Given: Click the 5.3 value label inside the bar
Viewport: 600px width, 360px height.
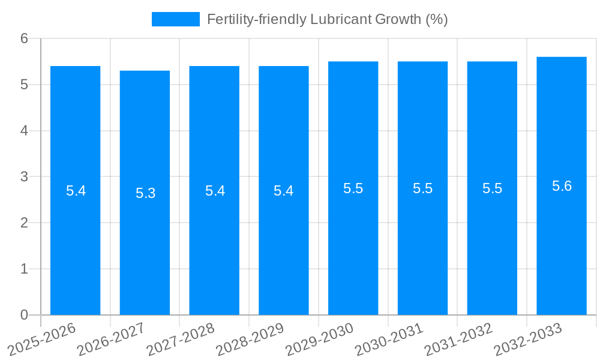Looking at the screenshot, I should pos(145,193).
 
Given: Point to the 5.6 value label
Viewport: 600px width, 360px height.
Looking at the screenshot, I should pos(562,186).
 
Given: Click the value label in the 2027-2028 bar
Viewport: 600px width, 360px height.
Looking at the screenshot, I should pos(215,191).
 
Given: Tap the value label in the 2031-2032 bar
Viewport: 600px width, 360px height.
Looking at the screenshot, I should pos(492,188).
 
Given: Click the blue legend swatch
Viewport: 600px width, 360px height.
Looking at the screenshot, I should pos(175,19).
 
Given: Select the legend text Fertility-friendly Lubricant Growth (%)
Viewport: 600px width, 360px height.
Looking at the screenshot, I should pos(327,19).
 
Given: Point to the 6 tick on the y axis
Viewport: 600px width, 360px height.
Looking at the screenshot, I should pos(24,38).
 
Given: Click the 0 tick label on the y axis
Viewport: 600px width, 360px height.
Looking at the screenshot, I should pos(24,315).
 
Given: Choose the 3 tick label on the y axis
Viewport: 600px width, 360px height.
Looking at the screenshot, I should pos(24,177).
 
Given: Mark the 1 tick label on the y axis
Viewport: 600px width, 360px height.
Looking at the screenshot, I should pos(24,269).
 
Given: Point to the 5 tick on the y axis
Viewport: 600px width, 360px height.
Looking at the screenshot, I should pos(24,85).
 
